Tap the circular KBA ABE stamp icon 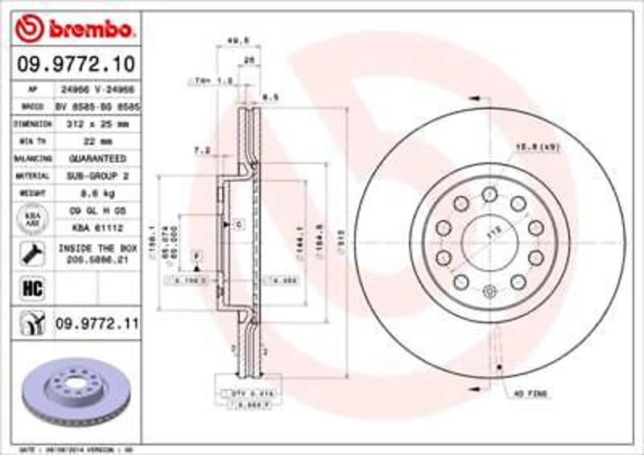(x=32, y=219)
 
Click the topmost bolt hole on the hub (x=489, y=194)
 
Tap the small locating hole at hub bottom (x=489, y=291)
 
